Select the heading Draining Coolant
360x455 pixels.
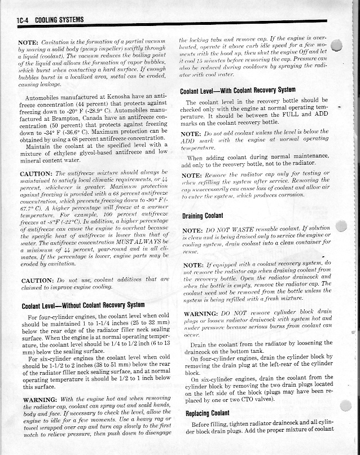204,216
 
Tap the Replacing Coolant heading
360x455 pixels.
204,413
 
